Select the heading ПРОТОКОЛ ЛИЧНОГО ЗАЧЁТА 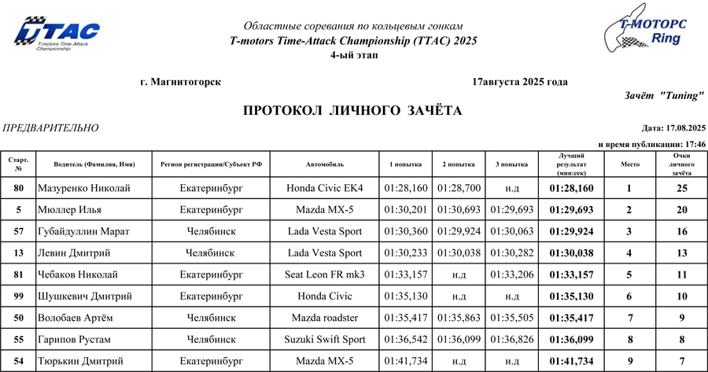tap(352, 111)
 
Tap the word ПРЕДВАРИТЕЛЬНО tap(51, 128)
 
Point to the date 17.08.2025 tap(686, 128)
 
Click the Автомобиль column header tap(325, 164)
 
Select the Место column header tap(629, 164)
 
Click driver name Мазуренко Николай tap(83, 189)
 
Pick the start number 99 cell tap(18, 296)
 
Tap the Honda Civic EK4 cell tap(325, 189)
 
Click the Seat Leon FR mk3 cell tap(325, 274)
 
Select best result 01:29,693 tap(570, 210)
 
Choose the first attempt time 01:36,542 tap(406, 339)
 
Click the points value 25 tap(682, 189)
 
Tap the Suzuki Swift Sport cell tap(325, 339)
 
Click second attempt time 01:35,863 tap(459, 318)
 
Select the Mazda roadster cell tap(325, 318)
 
